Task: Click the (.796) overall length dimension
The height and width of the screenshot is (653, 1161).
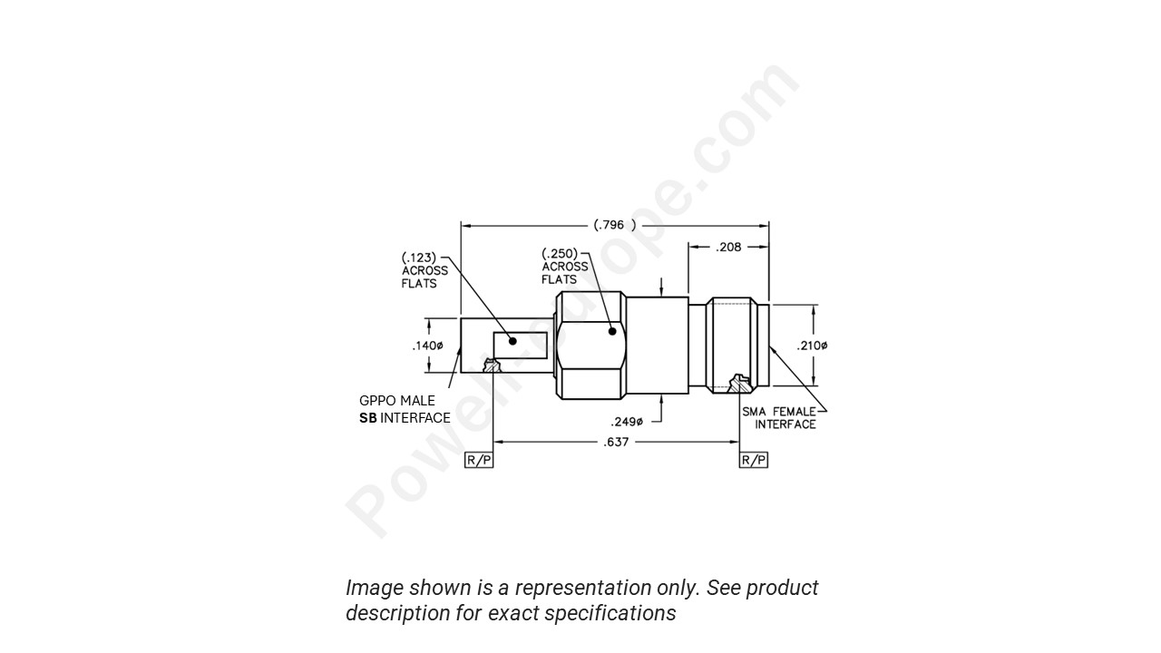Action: click(614, 225)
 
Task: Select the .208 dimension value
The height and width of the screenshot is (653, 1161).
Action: click(728, 247)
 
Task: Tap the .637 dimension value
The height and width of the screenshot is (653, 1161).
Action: click(616, 443)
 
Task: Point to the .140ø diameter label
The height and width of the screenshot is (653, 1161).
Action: click(426, 346)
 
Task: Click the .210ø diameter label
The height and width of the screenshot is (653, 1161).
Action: click(813, 346)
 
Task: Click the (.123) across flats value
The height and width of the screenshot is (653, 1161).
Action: click(418, 258)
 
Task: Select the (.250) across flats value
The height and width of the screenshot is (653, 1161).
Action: click(560, 254)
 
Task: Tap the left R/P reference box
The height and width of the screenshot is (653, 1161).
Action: click(478, 460)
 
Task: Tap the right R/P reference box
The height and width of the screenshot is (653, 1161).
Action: click(754, 460)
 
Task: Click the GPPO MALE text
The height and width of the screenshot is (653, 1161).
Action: click(396, 401)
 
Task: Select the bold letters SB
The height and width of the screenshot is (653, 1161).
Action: click(367, 418)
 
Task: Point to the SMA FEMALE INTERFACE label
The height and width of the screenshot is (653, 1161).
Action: click(780, 418)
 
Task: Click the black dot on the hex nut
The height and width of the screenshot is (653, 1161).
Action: click(613, 331)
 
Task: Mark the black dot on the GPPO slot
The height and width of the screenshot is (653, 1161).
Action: click(512, 341)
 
